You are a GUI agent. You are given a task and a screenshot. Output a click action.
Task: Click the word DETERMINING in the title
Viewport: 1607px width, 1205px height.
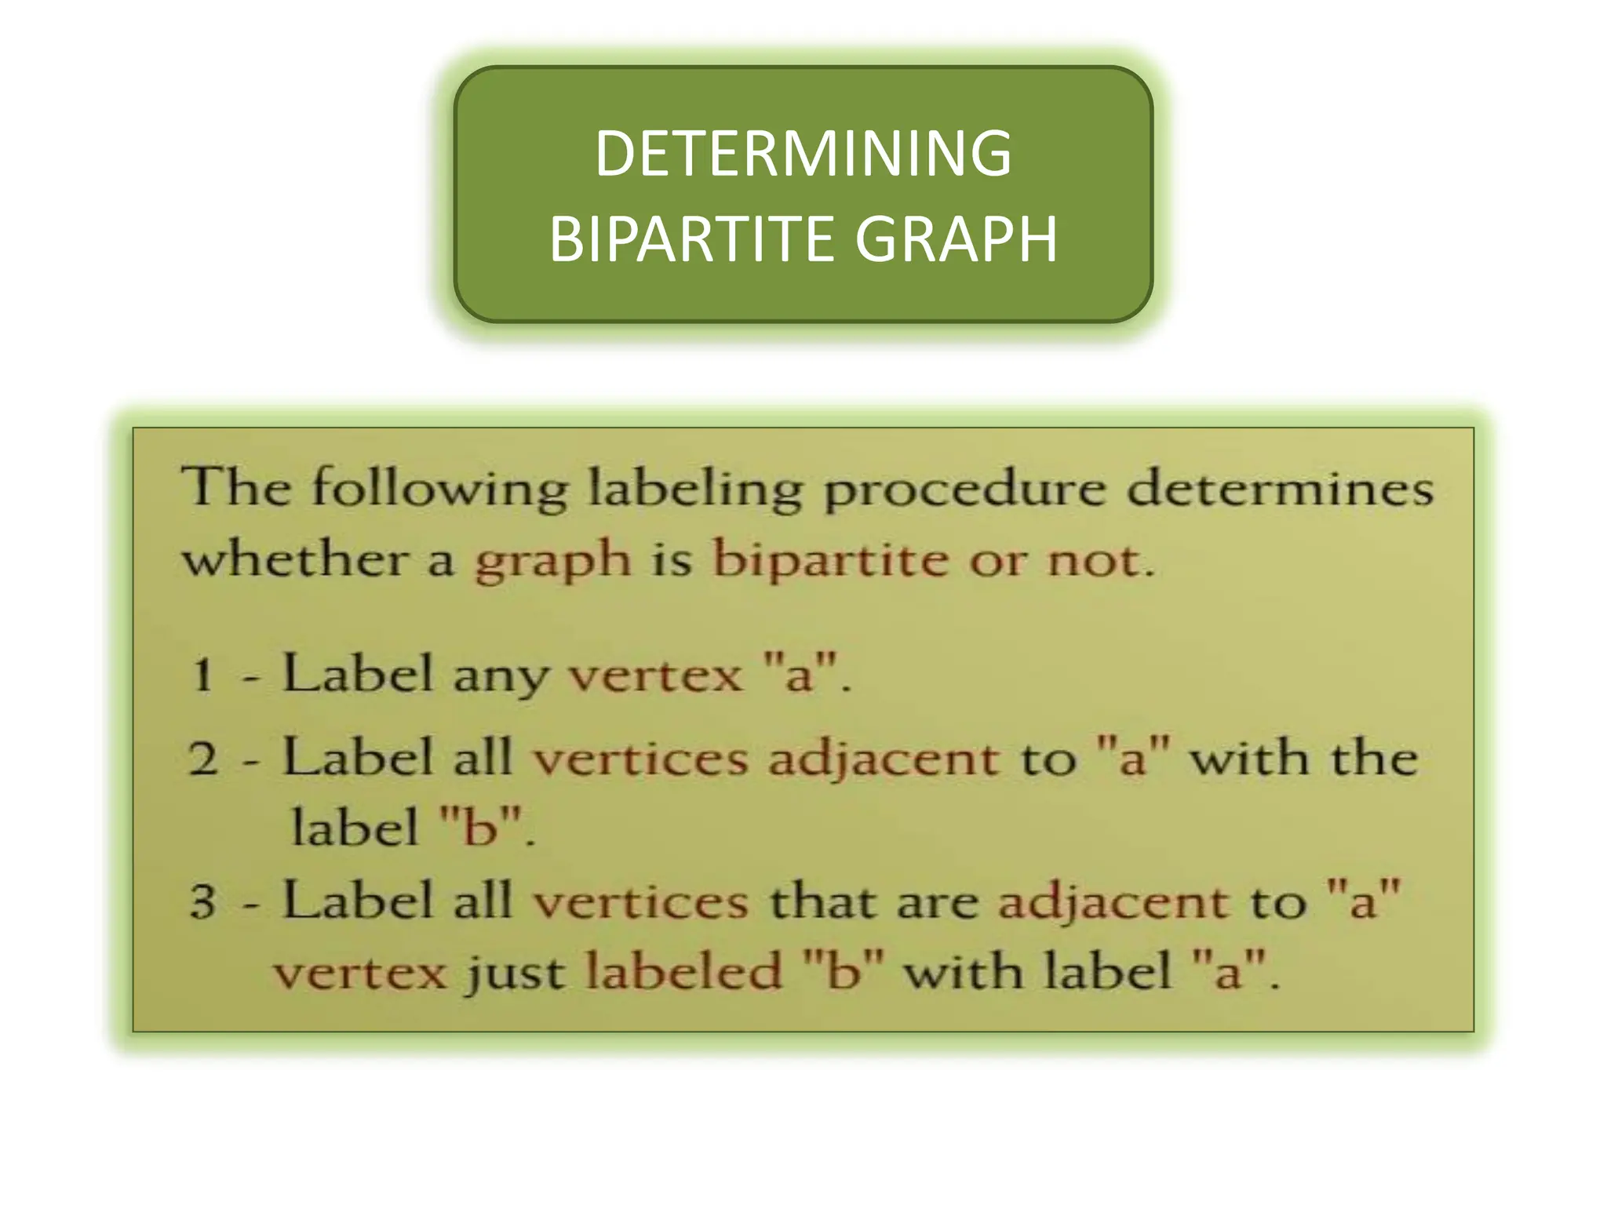(803, 154)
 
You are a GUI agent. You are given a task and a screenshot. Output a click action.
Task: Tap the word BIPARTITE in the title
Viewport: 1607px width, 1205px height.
(691, 239)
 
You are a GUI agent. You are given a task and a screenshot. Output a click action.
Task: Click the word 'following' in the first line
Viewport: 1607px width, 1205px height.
(439, 489)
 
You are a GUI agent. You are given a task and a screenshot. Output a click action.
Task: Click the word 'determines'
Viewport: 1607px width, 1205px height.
(1281, 487)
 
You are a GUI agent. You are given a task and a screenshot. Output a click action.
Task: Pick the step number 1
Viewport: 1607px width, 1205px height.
(202, 675)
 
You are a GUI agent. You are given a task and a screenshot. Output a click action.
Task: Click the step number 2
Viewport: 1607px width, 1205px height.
(202, 759)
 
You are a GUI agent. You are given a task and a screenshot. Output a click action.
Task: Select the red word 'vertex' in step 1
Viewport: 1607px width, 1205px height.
(655, 675)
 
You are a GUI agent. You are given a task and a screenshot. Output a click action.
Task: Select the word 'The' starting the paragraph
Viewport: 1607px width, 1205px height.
(237, 487)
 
